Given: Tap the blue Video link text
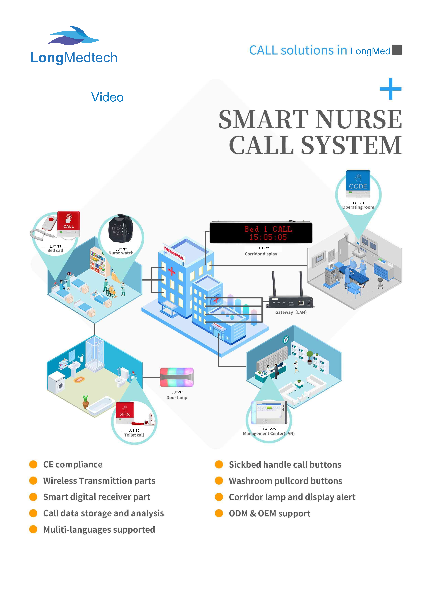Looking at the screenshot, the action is click(107, 97).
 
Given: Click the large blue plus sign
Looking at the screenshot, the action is click(390, 89).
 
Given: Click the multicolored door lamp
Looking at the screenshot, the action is click(177, 377).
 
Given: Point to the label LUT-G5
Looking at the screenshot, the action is click(177, 392).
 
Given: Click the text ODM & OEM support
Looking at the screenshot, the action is click(269, 513).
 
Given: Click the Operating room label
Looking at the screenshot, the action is click(358, 207).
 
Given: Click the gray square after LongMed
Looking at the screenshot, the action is click(397, 50).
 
